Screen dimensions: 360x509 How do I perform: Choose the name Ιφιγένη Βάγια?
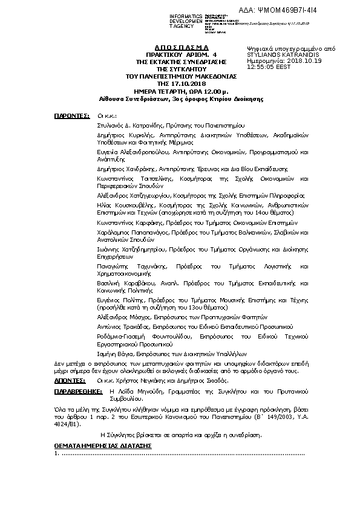pyautogui.click(x=114, y=352)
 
